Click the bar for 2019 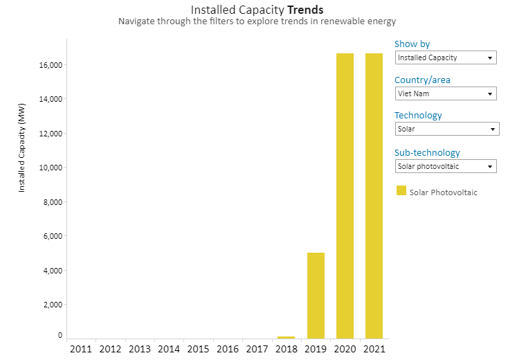click(x=316, y=296)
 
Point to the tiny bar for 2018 click(x=286, y=337)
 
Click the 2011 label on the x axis click(x=81, y=349)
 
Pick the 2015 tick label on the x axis click(x=198, y=349)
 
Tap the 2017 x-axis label click(x=257, y=349)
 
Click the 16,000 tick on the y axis click(x=51, y=65)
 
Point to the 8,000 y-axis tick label click(x=53, y=202)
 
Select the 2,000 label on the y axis click(x=53, y=305)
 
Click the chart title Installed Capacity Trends click(x=257, y=10)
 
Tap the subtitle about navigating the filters click(x=257, y=21)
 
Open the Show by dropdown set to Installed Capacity click(x=445, y=57)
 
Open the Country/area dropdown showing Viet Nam click(x=445, y=93)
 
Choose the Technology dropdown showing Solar click(x=446, y=129)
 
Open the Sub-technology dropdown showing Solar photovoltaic click(x=445, y=166)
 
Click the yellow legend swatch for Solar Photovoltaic click(x=401, y=190)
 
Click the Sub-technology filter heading click(x=427, y=152)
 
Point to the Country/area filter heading click(x=422, y=80)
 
